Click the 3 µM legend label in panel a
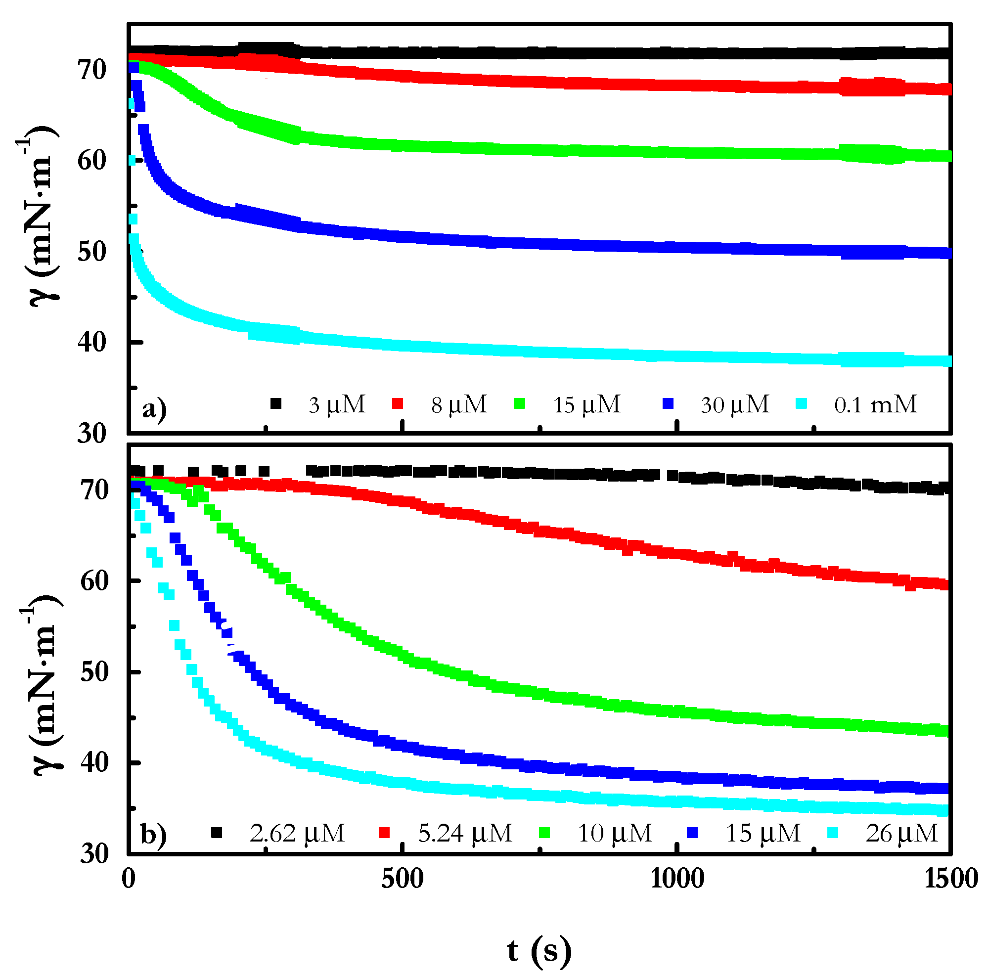pyautogui.click(x=336, y=405)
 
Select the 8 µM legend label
pyautogui.click(x=459, y=405)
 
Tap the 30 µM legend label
pyautogui.click(x=734, y=405)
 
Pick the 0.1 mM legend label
pyautogui.click(x=875, y=405)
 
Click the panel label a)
pyautogui.click(x=154, y=409)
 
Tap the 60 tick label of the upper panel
pyautogui.click(x=92, y=161)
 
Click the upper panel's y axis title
pyautogui.click(x=39, y=215)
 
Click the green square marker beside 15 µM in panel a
pyautogui.click(x=520, y=404)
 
